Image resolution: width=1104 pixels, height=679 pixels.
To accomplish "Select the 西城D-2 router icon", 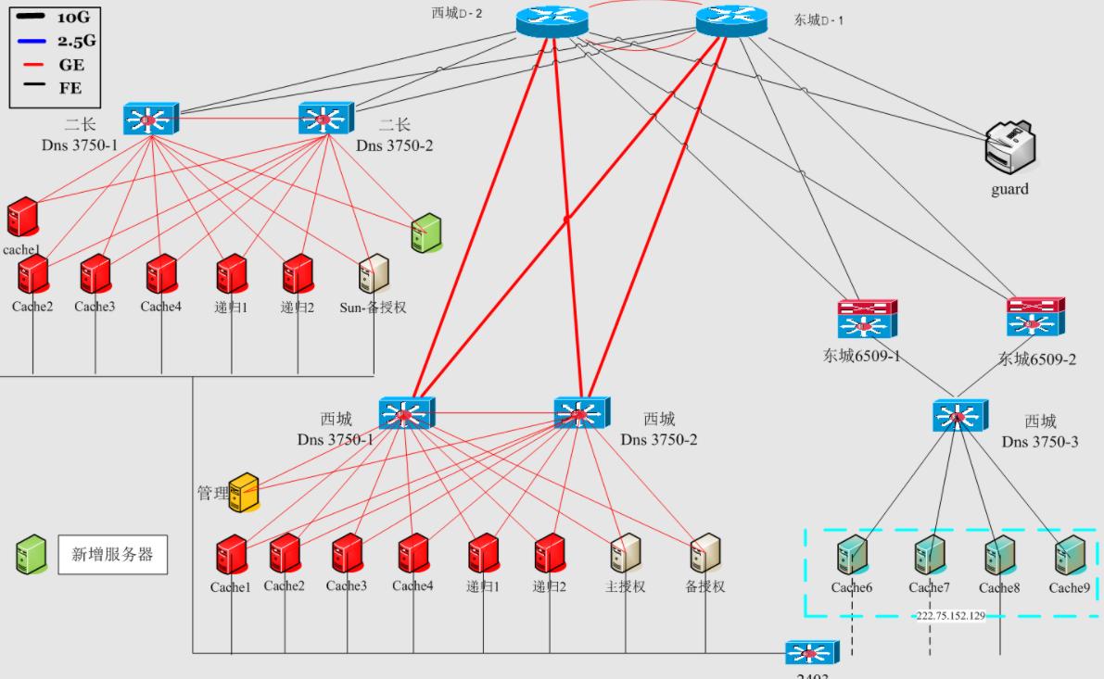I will (x=552, y=21).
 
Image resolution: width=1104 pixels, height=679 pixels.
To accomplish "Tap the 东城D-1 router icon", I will (x=732, y=21).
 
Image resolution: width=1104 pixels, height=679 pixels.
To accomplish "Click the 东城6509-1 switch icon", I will (x=867, y=319).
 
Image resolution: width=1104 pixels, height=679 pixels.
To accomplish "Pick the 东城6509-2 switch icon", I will (x=1035, y=317).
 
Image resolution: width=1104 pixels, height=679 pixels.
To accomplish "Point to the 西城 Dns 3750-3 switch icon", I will (x=960, y=415).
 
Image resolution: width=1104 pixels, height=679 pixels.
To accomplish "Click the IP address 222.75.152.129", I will (x=951, y=616).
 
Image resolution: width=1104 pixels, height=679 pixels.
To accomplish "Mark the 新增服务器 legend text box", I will (x=112, y=555).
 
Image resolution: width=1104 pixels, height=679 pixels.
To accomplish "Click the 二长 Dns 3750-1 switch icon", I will (x=149, y=119).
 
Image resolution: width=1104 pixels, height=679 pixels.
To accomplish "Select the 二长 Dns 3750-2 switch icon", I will (x=324, y=119).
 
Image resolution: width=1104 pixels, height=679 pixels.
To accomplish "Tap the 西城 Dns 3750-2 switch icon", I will (x=581, y=413).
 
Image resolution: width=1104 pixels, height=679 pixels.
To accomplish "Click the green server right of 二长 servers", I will (x=425, y=233).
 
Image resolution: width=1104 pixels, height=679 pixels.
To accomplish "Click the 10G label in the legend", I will (x=73, y=18).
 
